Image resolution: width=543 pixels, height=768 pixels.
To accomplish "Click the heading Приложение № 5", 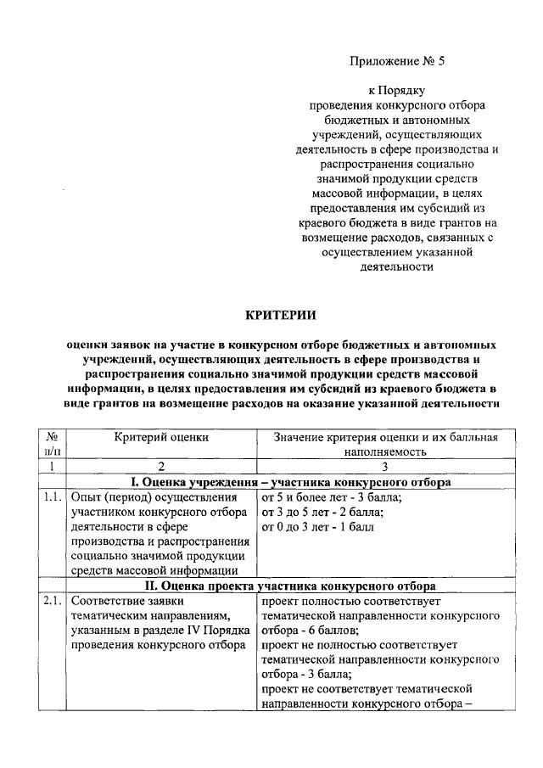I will coord(391,61).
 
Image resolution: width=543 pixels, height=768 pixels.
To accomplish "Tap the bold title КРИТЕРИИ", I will coord(280,315).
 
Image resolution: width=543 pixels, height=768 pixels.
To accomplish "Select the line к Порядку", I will coord(395,89).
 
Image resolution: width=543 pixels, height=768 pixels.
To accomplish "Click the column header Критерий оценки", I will coord(161,437).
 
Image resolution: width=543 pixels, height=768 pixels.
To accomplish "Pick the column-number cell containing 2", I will coord(161,467).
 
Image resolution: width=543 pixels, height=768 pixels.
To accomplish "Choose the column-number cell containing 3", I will coord(383,467).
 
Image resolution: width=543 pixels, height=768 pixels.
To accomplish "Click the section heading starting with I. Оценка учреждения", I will coord(281,482).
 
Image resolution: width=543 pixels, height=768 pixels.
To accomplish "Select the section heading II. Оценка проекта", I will coord(281,586).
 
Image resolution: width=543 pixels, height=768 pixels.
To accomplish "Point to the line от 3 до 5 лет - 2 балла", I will coord(323,513).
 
